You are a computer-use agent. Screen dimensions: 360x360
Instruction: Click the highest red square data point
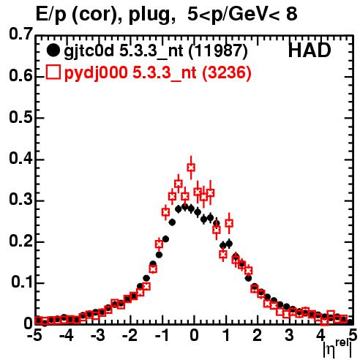[x=191, y=168]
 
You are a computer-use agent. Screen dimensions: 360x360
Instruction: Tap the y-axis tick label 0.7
[x=21, y=34]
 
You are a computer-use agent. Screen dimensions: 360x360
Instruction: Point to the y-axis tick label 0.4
[x=21, y=158]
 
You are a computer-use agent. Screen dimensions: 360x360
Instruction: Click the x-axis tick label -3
[x=97, y=336]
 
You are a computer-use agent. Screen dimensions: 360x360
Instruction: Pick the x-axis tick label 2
[x=257, y=336]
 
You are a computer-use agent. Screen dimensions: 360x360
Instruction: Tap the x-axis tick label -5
[x=34, y=336]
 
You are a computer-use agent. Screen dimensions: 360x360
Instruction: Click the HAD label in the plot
[x=310, y=50]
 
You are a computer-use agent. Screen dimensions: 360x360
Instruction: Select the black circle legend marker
[x=53, y=50]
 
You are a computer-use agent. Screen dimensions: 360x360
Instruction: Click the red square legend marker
[x=53, y=72]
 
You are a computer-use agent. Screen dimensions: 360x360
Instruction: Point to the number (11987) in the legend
[x=218, y=51]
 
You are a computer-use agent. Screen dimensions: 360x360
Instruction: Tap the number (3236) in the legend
[x=227, y=72]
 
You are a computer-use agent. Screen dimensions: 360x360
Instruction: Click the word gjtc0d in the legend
[x=89, y=52]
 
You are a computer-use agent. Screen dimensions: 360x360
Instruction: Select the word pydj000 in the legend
[x=96, y=73]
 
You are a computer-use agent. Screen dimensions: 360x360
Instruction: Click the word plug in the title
[x=151, y=15]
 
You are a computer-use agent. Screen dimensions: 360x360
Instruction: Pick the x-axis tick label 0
[x=194, y=336]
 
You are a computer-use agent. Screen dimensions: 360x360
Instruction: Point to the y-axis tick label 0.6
[x=21, y=76]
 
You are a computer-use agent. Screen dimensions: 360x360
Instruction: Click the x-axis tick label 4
[x=320, y=336]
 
